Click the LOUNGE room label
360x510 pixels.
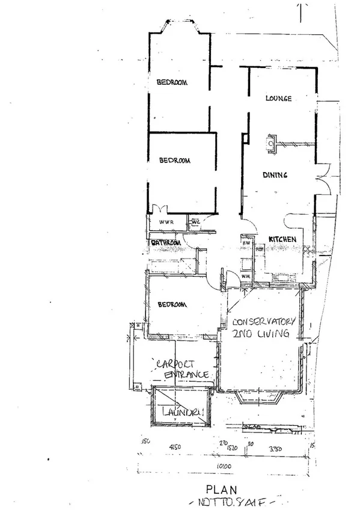coord(278,98)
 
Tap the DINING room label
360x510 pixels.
coord(275,175)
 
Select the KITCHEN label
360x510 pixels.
coord(282,239)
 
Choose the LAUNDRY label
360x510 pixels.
coord(182,413)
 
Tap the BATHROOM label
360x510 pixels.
coord(166,243)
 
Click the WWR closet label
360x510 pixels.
coord(166,223)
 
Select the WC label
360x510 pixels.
coord(195,222)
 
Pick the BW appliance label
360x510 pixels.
coord(246,242)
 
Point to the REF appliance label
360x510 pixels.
coord(260,248)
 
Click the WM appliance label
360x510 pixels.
coord(245,276)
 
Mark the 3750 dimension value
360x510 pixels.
coord(275,447)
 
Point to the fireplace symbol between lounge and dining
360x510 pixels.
coord(271,144)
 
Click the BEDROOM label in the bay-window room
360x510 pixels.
coord(172,82)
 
